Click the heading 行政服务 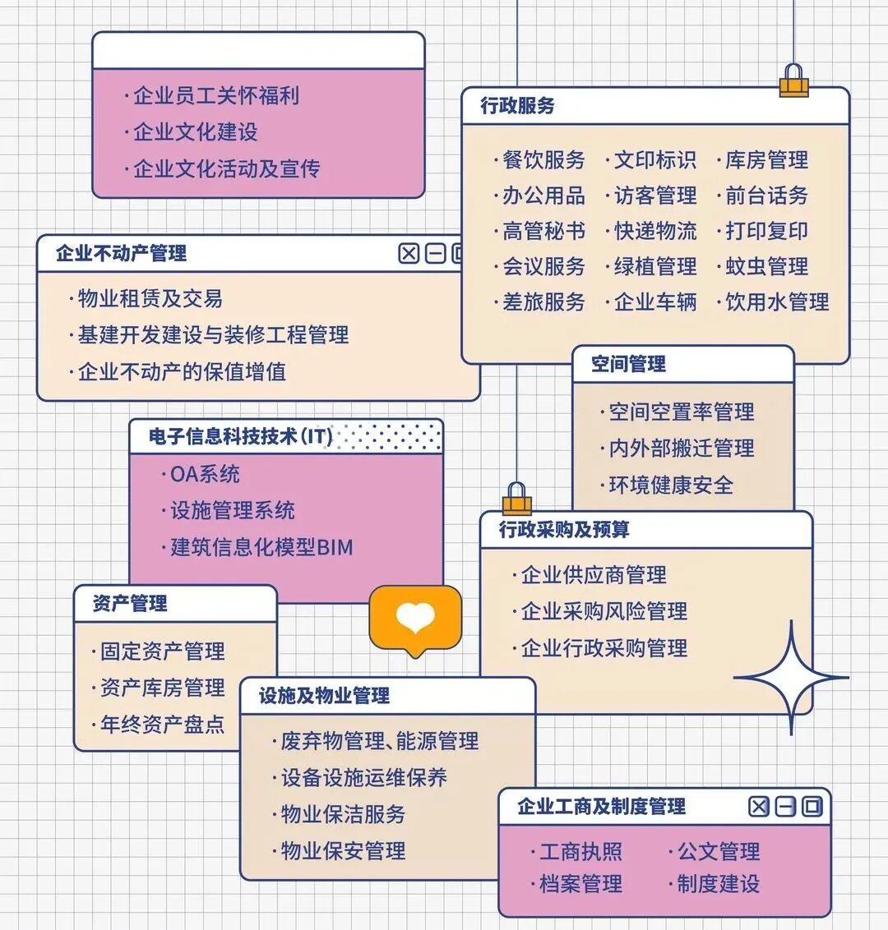pos(517,106)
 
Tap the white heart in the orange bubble pos(415,617)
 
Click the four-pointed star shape pos(791,678)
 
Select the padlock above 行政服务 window pos(793,81)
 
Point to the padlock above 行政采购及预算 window pos(516,500)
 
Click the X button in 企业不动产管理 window pos(409,253)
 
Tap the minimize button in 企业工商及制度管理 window pos(785,807)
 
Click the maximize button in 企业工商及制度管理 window pos(812,807)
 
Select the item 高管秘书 pos(543,231)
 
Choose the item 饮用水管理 pos(777,302)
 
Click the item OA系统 pos(205,474)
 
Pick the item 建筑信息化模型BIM pos(261,547)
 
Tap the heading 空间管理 pos(628,364)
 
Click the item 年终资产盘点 pos(162,724)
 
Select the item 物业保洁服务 pos(343,814)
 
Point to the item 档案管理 pos(580,884)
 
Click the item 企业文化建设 pos(195,132)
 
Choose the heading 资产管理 pos(130,604)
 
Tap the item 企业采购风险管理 pos(604,611)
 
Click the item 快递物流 pos(655,231)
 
